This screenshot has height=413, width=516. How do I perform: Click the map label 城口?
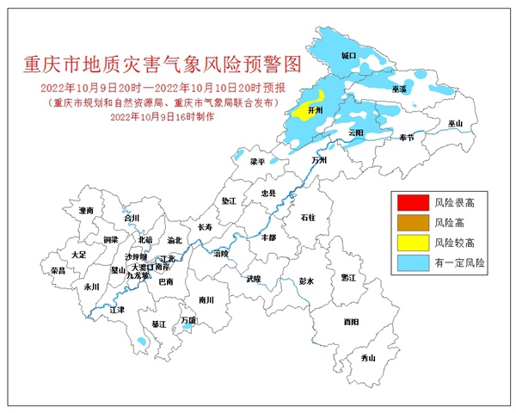[348, 54]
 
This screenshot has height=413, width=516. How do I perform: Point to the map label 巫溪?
[400, 89]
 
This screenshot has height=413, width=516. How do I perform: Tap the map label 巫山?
[455, 124]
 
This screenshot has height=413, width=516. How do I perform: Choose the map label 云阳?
[357, 133]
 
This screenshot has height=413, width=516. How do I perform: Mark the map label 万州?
[319, 160]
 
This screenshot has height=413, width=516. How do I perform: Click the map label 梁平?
[257, 161]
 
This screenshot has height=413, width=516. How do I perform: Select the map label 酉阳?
[350, 321]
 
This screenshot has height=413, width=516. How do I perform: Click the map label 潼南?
[85, 210]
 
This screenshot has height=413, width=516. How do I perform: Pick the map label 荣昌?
[58, 270]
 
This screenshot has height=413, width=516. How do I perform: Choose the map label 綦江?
[158, 324]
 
